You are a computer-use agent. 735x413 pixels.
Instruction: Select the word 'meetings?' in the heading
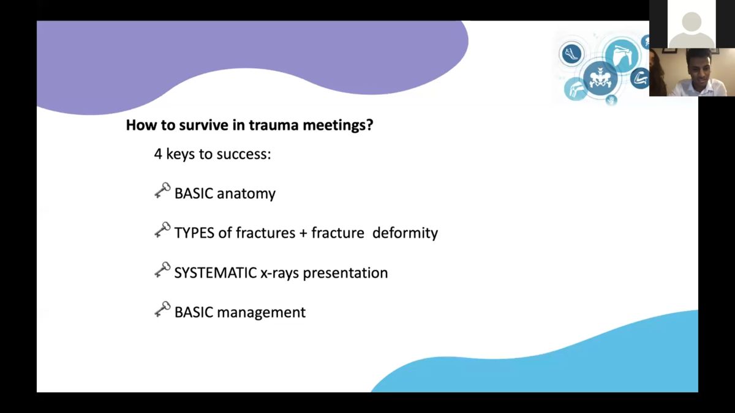click(338, 125)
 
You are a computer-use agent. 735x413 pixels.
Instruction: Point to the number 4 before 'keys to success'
click(158, 154)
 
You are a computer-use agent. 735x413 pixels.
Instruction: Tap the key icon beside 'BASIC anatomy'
click(162, 190)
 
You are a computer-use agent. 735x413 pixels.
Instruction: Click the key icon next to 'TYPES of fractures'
click(162, 230)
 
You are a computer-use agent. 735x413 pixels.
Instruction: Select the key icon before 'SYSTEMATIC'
click(162, 270)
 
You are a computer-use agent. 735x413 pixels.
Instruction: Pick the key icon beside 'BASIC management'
click(162, 310)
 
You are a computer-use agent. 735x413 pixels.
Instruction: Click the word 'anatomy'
click(246, 194)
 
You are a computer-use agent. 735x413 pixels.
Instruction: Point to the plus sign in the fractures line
click(303, 233)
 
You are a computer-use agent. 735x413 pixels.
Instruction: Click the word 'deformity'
click(405, 233)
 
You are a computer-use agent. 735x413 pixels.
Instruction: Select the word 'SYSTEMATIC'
click(215, 273)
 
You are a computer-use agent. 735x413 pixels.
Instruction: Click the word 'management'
click(261, 313)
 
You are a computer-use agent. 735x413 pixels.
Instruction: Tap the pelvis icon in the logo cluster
click(600, 79)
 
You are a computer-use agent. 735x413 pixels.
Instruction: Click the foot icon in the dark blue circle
click(571, 53)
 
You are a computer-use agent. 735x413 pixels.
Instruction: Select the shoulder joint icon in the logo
click(622, 54)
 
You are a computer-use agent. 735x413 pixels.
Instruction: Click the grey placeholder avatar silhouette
click(692, 30)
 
